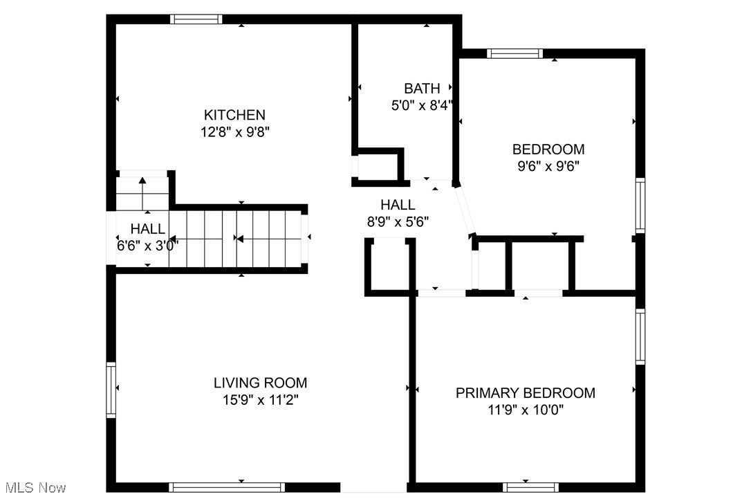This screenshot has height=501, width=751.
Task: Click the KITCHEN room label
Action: click(234, 115)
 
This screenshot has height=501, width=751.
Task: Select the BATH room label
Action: click(422, 89)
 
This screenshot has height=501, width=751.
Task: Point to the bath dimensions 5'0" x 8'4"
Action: click(422, 105)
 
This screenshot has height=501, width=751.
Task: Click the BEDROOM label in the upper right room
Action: click(548, 149)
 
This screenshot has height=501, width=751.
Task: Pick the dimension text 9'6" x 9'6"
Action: click(548, 166)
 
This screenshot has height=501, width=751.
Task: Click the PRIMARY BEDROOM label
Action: click(525, 393)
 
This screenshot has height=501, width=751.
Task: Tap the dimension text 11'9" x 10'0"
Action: click(525, 410)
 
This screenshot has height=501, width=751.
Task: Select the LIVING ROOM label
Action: click(260, 383)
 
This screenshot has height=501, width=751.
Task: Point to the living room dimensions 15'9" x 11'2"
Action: click(260, 400)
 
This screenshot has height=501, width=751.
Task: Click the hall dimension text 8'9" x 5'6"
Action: click(398, 222)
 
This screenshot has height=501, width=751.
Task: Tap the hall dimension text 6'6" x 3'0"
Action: click(148, 245)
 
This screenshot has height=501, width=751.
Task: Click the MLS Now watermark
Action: click(33, 488)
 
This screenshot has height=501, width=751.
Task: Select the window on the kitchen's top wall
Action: click(196, 19)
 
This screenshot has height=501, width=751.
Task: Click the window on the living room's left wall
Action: click(111, 390)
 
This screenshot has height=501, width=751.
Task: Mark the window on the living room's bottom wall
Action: click(227, 487)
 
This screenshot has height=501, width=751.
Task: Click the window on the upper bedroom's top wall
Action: click(514, 53)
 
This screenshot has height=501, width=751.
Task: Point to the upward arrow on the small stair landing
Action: click(142, 182)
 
